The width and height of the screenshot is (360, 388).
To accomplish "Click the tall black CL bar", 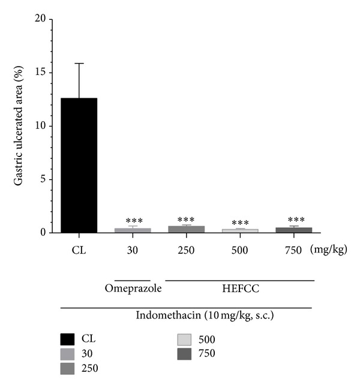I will click(79, 165).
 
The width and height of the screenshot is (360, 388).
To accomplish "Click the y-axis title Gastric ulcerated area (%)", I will click(19, 126).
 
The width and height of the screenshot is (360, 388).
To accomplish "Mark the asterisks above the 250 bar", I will click(186, 220).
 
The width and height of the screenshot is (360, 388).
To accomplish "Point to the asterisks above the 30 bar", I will click(133, 222).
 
